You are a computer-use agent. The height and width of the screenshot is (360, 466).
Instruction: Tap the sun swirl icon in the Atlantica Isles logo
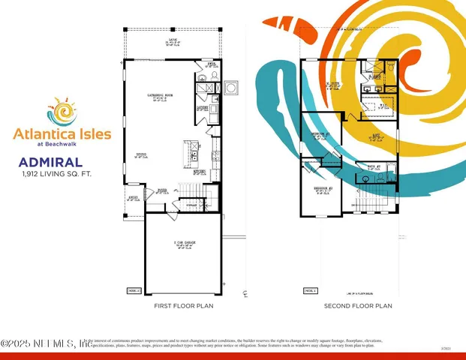tap(65, 112)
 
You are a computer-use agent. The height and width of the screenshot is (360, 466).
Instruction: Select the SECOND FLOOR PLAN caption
tap(358, 307)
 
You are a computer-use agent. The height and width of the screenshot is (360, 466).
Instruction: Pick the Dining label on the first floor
tap(153, 156)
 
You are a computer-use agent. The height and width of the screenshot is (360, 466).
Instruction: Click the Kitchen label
tap(200, 172)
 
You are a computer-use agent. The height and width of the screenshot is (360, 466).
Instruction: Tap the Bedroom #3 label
tap(321, 136)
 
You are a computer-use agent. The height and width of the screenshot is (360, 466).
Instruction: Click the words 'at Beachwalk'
tap(62, 144)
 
